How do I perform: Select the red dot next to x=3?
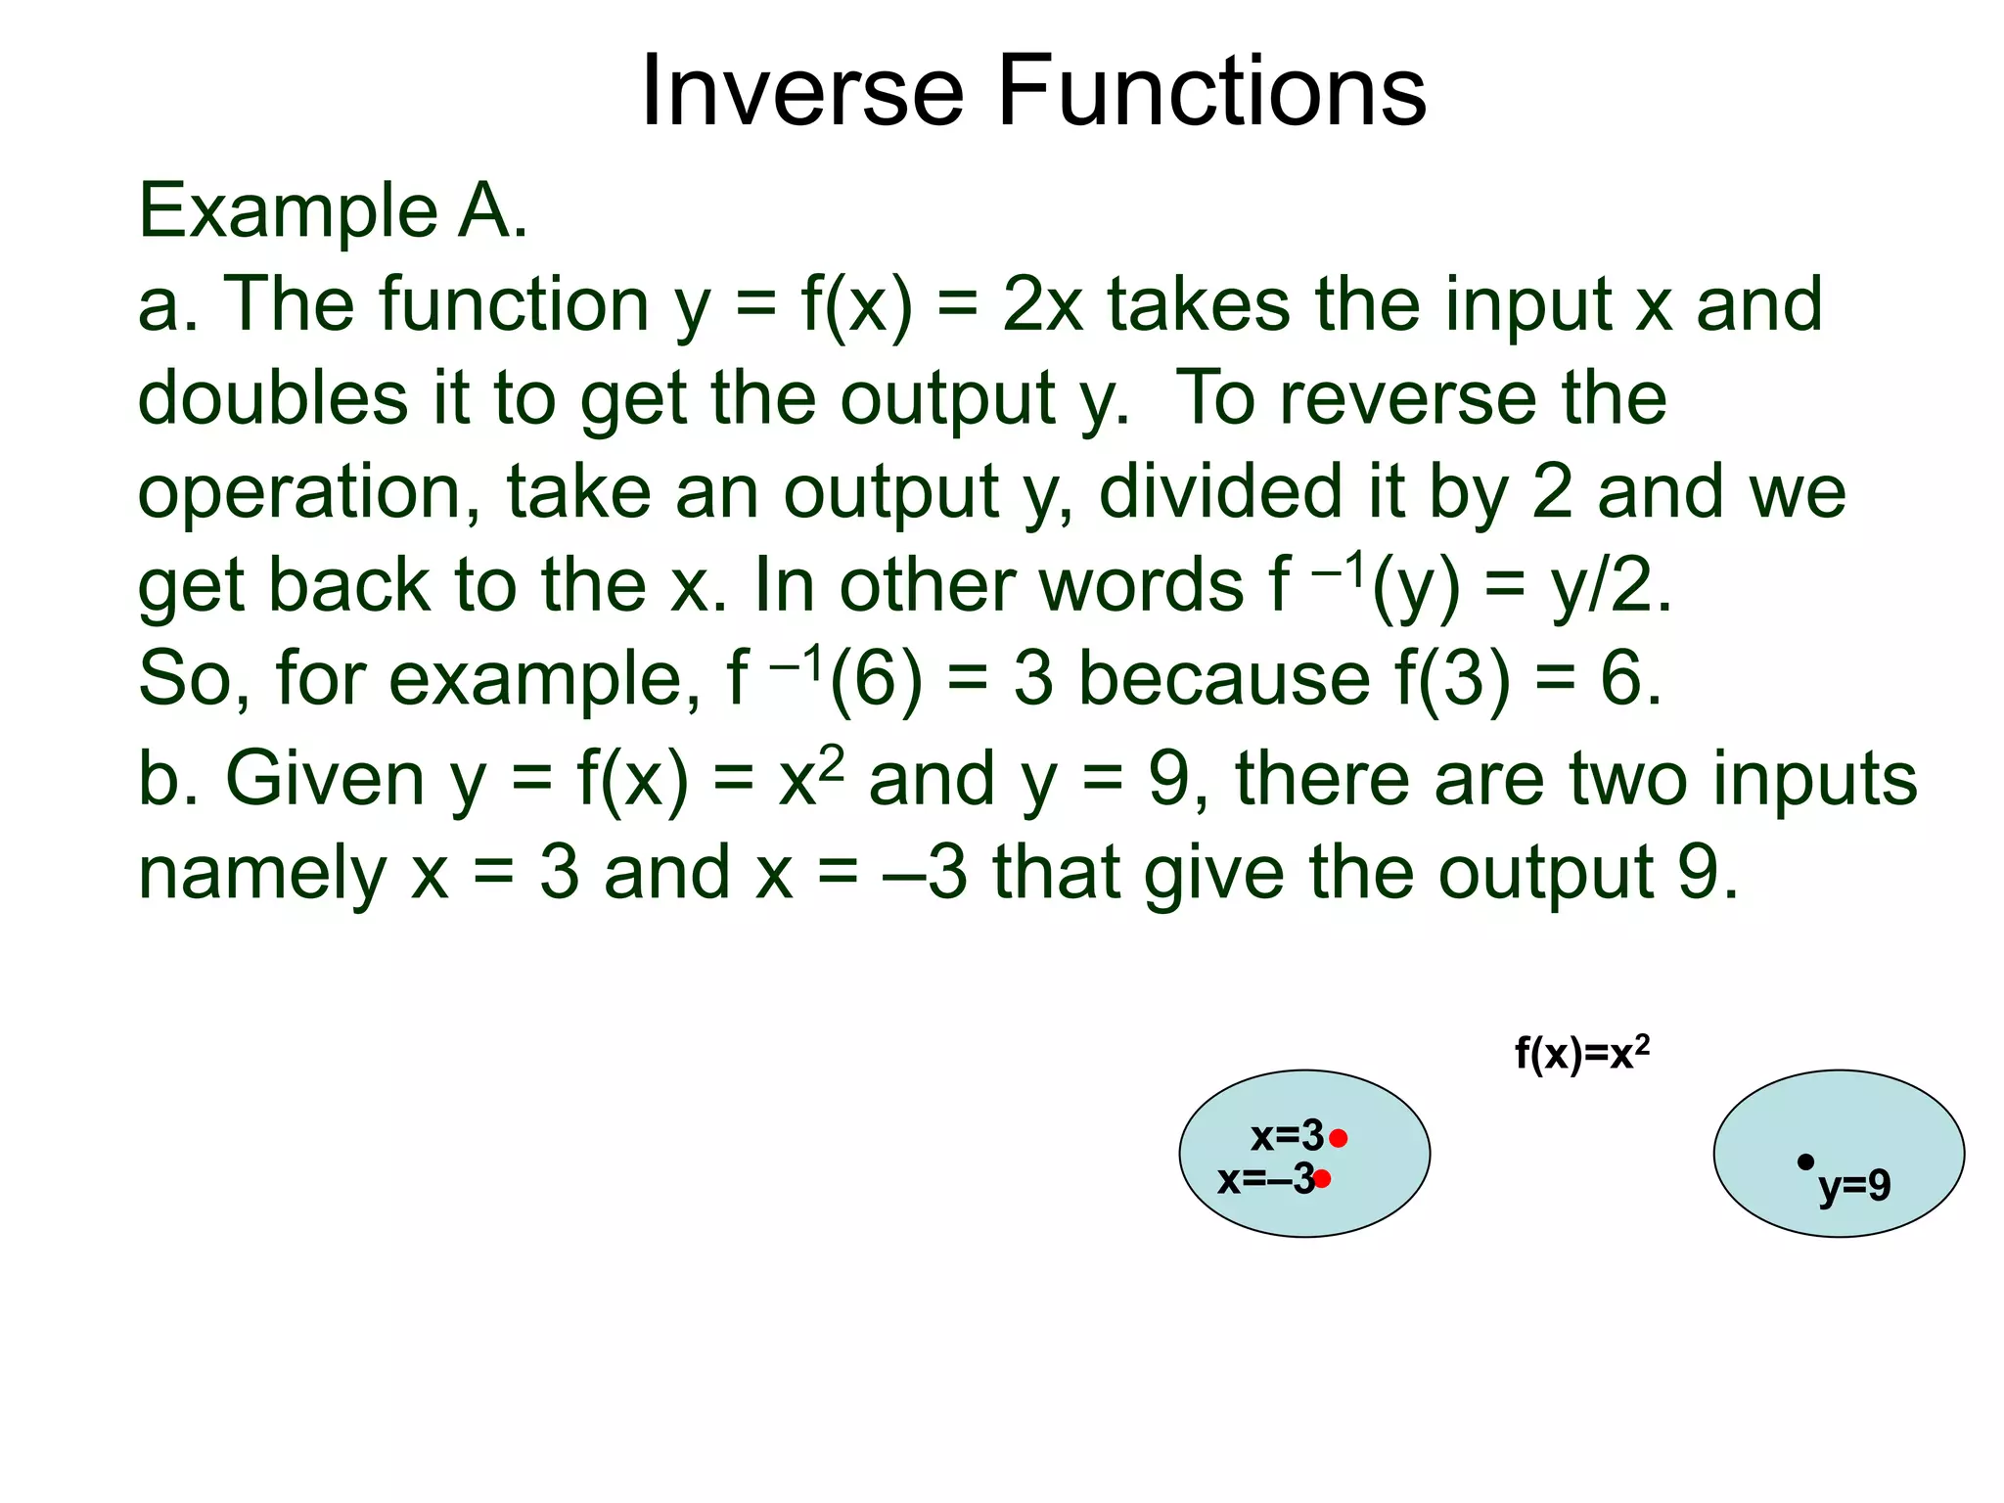tap(1339, 1138)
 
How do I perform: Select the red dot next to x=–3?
tap(1322, 1179)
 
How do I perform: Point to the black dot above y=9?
tap(1805, 1161)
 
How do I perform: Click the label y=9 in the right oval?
tap(1854, 1186)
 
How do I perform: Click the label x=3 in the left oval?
tap(1286, 1136)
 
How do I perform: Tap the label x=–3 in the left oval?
tap(1264, 1179)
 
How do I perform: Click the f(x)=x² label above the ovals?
tap(1581, 1054)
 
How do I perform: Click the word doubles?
tap(272, 398)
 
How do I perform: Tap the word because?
tap(1223, 678)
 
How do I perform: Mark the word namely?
tap(262, 872)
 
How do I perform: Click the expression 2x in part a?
tap(1042, 304)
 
